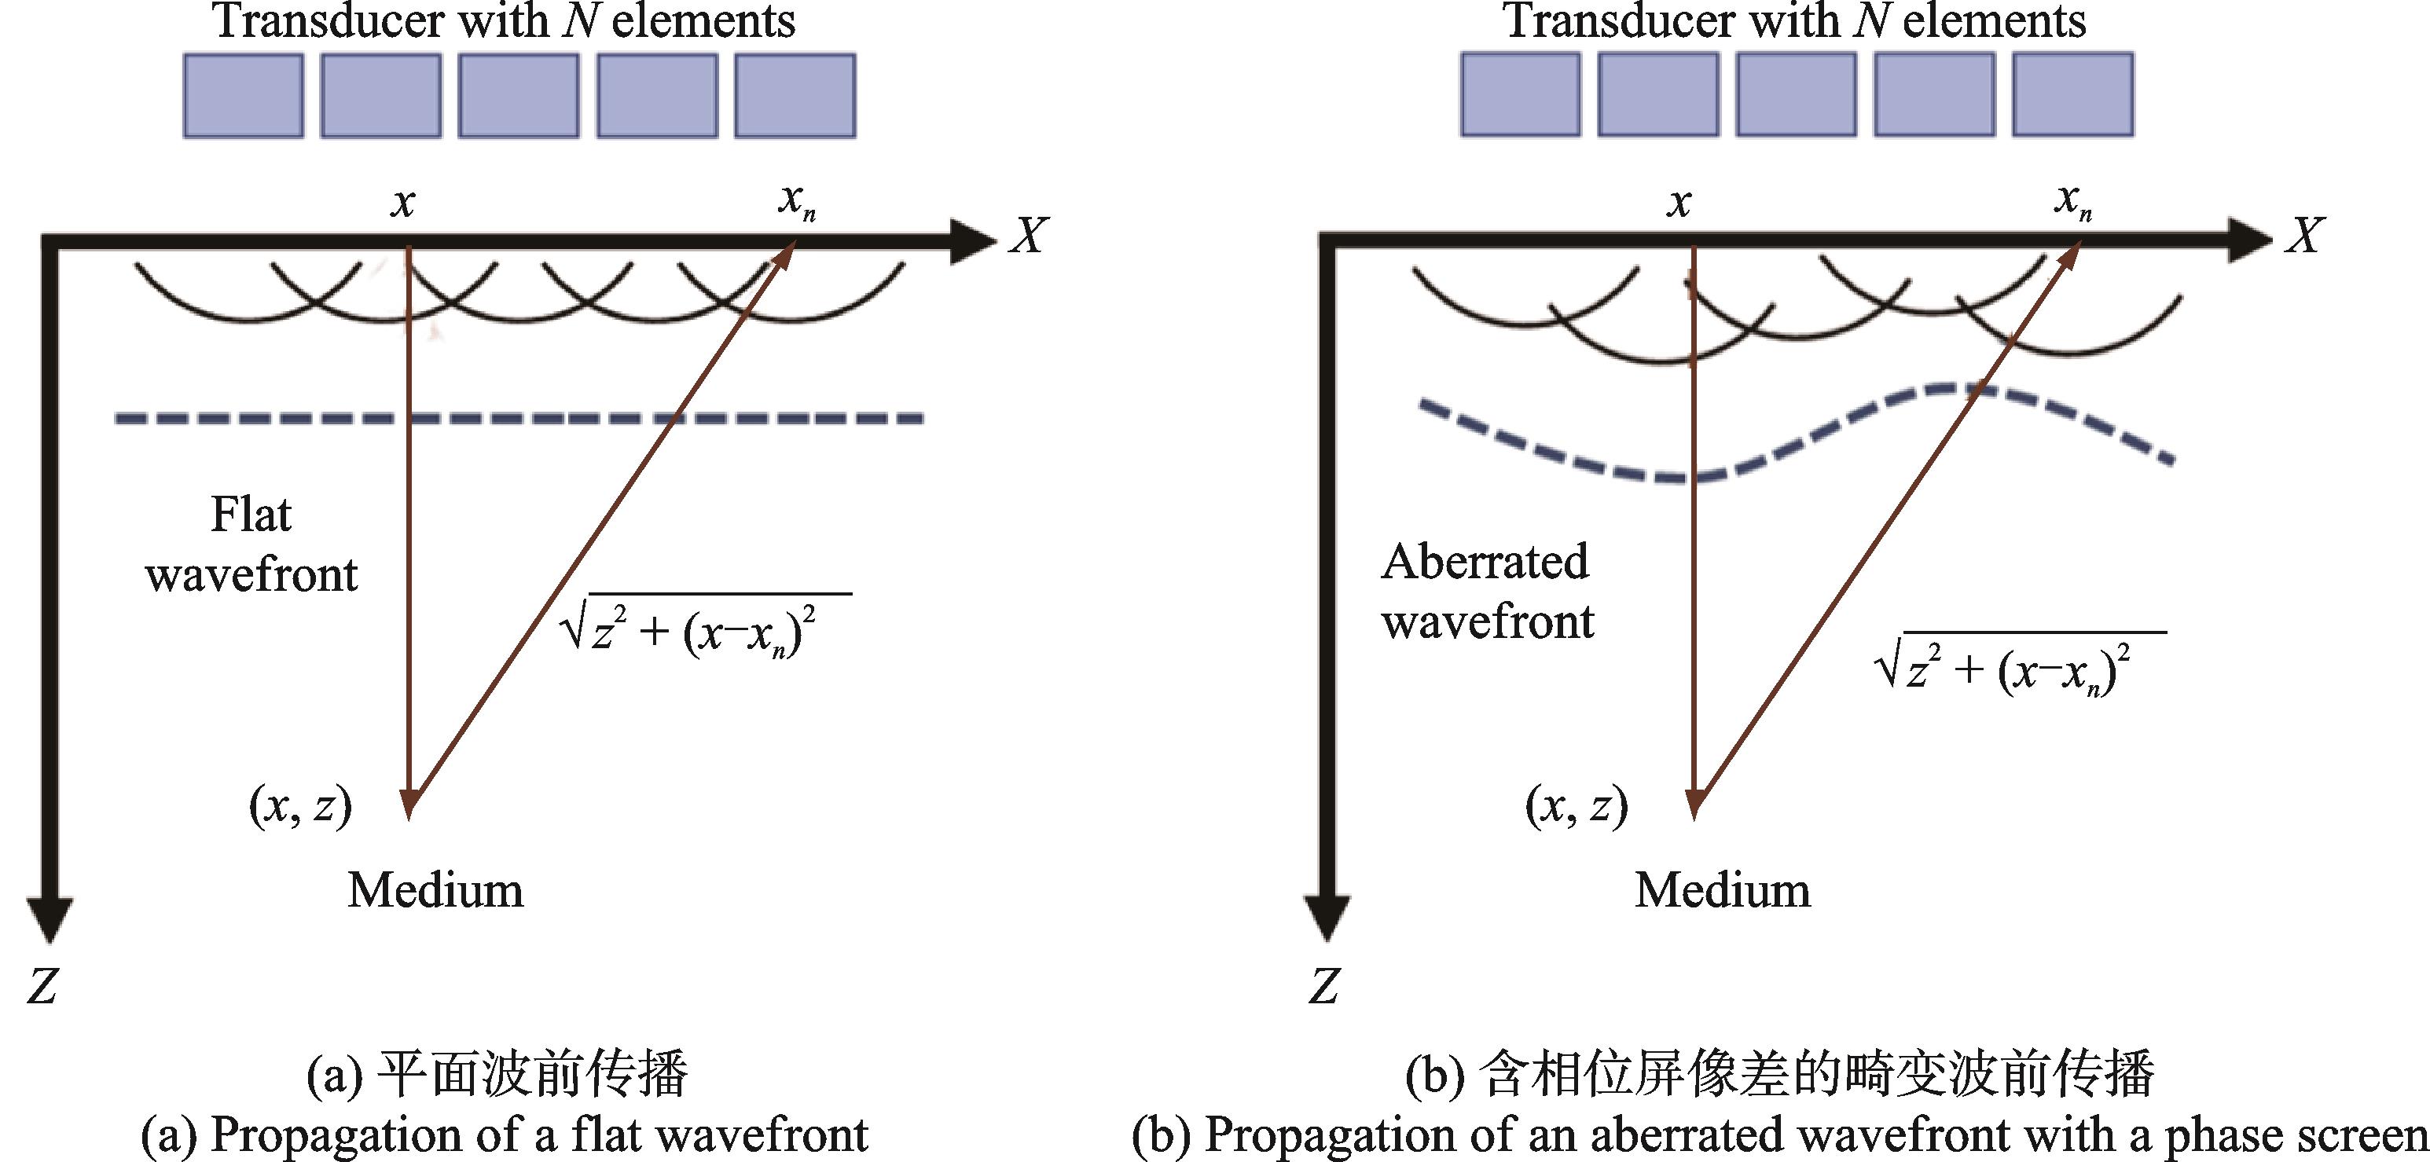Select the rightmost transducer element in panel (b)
coord(2072,94)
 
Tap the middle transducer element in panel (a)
coord(519,95)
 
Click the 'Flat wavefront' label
coord(251,545)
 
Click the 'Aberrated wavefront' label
coord(1488,592)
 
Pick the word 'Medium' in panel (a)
coord(435,890)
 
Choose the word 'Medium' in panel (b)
coord(1723,890)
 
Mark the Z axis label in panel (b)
coord(1324,987)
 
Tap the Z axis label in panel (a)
coord(42,987)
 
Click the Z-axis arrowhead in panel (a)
coord(50,918)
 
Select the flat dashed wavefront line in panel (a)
coord(519,418)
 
